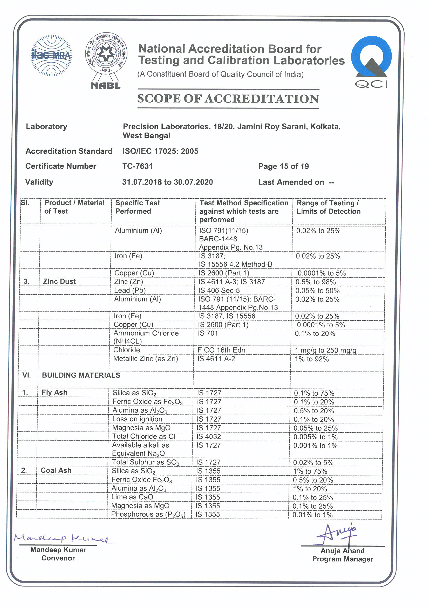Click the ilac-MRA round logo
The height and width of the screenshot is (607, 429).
51,56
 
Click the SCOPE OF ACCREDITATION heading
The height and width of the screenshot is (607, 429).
228,99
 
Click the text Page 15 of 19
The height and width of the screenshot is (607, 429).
283,166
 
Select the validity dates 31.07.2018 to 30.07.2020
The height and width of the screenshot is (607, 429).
167,182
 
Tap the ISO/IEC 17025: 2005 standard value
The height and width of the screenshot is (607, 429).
160,151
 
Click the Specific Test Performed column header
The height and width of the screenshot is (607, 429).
138,207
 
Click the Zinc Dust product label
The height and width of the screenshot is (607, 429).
59,281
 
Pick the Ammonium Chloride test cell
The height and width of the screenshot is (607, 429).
146,337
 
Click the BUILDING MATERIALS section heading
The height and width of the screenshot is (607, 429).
81,375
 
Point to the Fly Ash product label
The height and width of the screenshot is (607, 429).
54,392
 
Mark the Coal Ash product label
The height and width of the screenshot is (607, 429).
56,470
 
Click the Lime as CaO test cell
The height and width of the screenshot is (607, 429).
132,497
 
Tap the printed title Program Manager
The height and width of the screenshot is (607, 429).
342,559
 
